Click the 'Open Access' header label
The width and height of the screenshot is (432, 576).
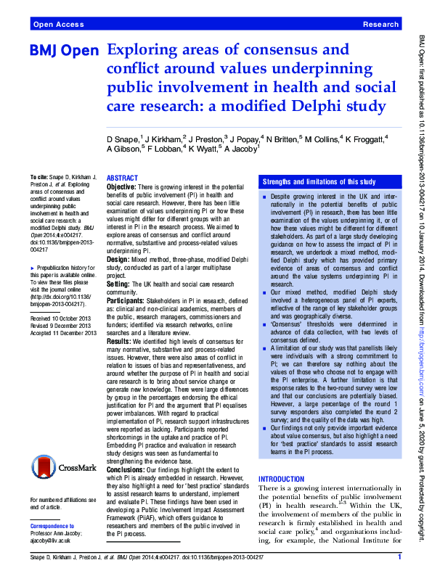(57, 24)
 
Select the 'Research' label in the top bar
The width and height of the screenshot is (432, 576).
(380, 24)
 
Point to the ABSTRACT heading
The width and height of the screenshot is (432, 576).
(122, 178)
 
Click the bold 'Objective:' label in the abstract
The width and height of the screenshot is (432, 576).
(121, 187)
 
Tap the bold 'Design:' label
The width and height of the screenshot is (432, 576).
(118, 258)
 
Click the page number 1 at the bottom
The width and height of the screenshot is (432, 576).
(399, 556)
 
